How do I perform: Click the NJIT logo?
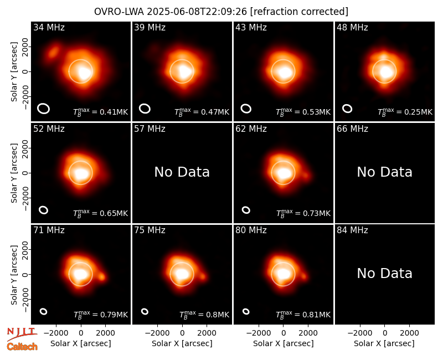[x=22, y=333]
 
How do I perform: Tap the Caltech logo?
[x=22, y=347]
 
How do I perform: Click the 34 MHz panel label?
[x=49, y=27]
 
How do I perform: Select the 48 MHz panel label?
[x=352, y=27]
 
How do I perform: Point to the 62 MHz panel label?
[x=251, y=129]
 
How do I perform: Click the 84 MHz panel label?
[x=352, y=230]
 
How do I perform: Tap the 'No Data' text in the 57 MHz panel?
[x=182, y=172]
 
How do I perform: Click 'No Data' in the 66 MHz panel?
[x=384, y=172]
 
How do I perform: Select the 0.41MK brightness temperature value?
[x=114, y=112]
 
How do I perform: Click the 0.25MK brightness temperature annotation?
[x=418, y=112]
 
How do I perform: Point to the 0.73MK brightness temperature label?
[x=316, y=213]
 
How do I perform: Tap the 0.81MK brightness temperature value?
[x=316, y=315]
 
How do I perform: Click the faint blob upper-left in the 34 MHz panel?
[x=53, y=52]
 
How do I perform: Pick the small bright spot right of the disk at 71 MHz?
[x=101, y=277]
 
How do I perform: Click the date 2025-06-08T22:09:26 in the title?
[x=197, y=12]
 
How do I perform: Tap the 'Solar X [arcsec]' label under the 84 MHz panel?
[x=384, y=343]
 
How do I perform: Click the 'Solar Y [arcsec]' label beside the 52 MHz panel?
[x=14, y=173]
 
